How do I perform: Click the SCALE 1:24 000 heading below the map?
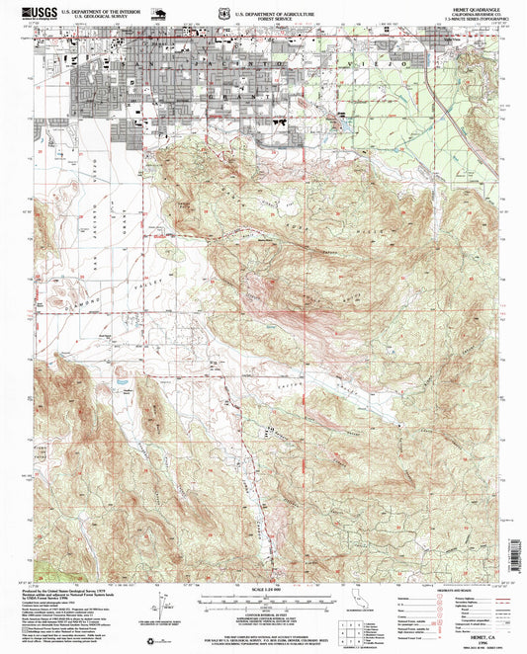pyautogui.click(x=262, y=590)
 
